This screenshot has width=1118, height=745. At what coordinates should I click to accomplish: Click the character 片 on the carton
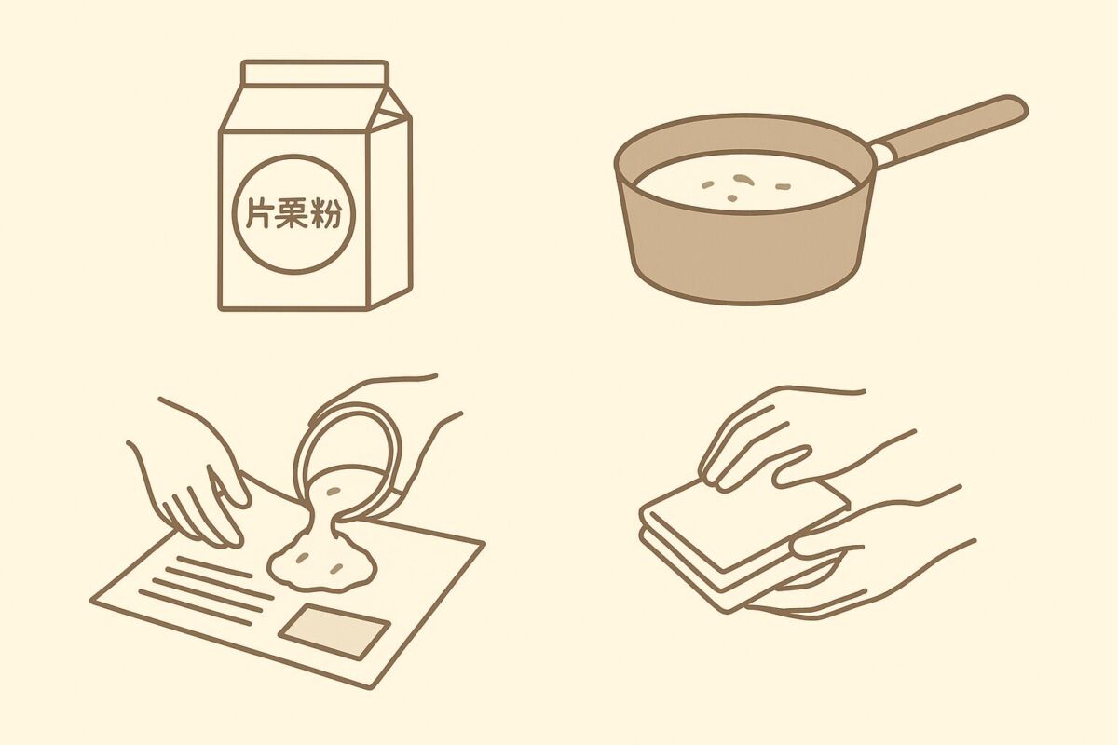(263, 213)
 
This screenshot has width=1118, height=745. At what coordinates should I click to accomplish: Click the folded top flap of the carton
(315, 74)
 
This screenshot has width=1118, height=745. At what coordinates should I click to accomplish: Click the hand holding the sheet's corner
(195, 479)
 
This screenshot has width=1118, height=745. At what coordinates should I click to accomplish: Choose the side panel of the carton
(390, 210)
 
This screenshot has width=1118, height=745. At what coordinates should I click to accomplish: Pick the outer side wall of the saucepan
(744, 250)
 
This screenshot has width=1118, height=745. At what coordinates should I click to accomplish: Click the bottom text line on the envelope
(196, 607)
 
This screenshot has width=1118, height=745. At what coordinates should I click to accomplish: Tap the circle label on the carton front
(294, 213)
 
